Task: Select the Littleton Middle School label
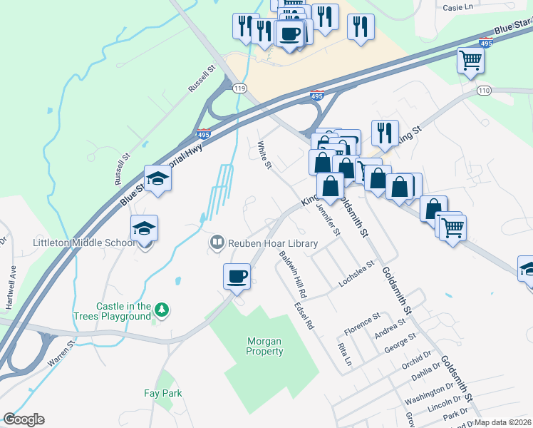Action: (84, 243)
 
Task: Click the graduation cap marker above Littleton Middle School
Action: (144, 229)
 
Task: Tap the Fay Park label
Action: (162, 393)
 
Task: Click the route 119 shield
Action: (239, 87)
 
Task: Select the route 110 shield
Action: (485, 91)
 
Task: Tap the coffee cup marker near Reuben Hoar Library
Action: (237, 275)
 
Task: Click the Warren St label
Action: (61, 354)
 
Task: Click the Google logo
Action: (24, 419)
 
